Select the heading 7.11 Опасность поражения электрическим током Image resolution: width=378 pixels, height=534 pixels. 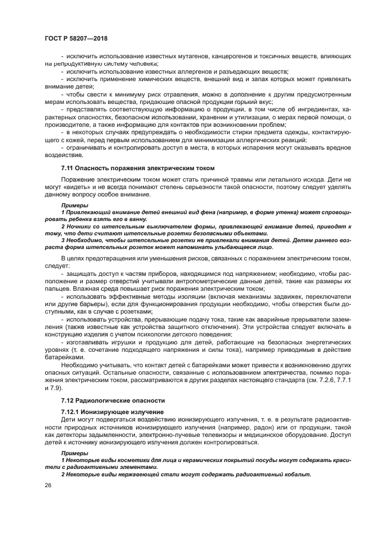[138, 168]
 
